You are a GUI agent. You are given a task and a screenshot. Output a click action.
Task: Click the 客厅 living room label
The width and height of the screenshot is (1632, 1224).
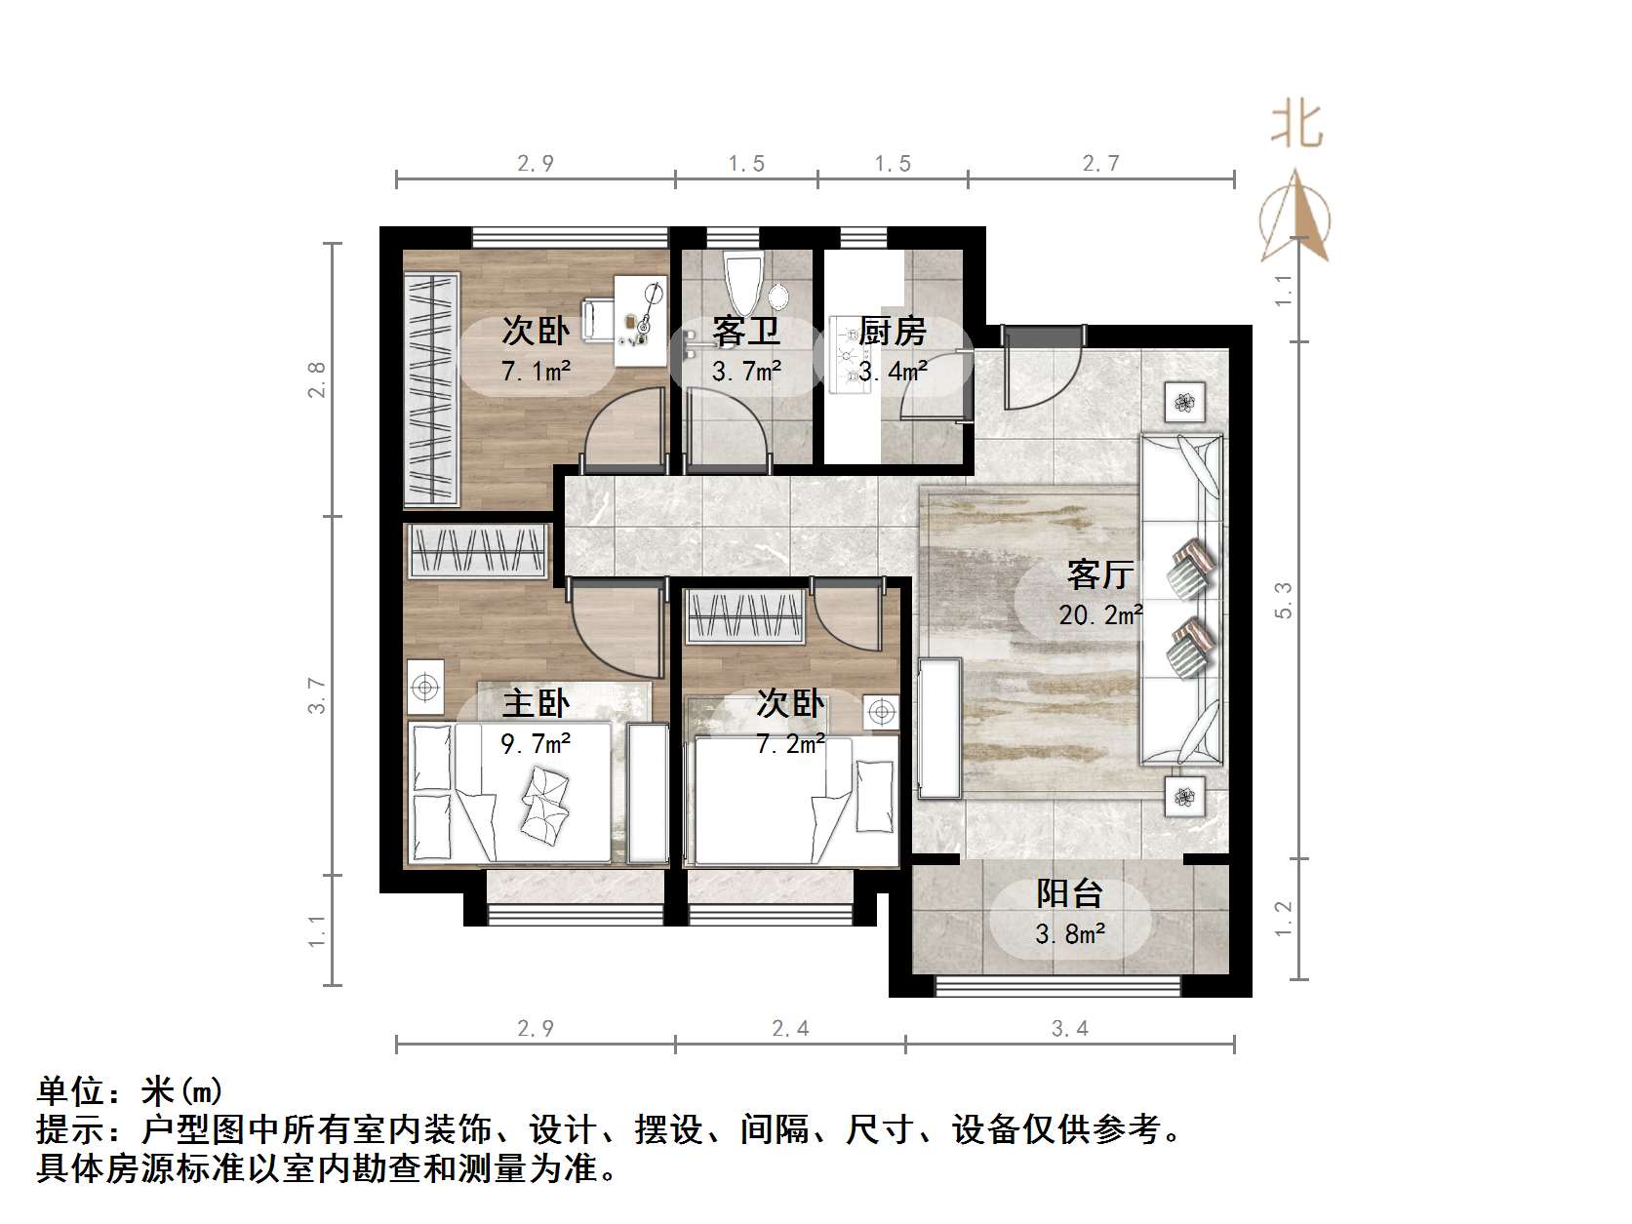[x=1099, y=574]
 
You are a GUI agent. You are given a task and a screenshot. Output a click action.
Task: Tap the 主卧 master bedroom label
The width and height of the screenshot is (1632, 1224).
[x=536, y=703]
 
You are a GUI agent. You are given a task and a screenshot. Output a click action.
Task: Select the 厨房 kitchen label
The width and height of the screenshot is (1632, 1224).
[x=893, y=332]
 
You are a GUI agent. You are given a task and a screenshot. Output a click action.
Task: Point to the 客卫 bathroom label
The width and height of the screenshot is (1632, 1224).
[x=746, y=332]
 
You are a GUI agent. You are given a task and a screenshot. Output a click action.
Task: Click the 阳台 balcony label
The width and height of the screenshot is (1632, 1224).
[x=1069, y=893]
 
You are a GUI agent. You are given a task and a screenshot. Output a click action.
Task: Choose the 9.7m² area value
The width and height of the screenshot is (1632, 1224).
[x=536, y=744]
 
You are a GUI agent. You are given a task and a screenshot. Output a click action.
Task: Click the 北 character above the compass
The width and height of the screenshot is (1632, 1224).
[x=1296, y=125]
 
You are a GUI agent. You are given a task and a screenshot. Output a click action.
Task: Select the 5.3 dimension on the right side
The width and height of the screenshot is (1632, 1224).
[x=1283, y=600]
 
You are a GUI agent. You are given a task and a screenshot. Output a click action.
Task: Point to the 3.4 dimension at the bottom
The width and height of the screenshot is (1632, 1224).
[x=1069, y=1028]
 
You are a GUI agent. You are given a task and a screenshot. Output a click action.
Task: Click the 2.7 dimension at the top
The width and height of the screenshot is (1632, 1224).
[x=1100, y=164]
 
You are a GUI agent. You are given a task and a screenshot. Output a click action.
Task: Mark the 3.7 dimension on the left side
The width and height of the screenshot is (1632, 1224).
[x=317, y=695]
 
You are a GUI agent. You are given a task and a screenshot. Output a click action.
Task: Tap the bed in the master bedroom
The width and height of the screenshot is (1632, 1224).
[x=512, y=792]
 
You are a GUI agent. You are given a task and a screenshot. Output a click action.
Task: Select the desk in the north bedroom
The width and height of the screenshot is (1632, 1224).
[x=639, y=320]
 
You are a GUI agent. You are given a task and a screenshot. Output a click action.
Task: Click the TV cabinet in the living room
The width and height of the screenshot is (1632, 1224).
[x=939, y=728]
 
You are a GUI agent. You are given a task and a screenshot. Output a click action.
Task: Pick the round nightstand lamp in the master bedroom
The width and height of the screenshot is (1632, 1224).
[x=424, y=687]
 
